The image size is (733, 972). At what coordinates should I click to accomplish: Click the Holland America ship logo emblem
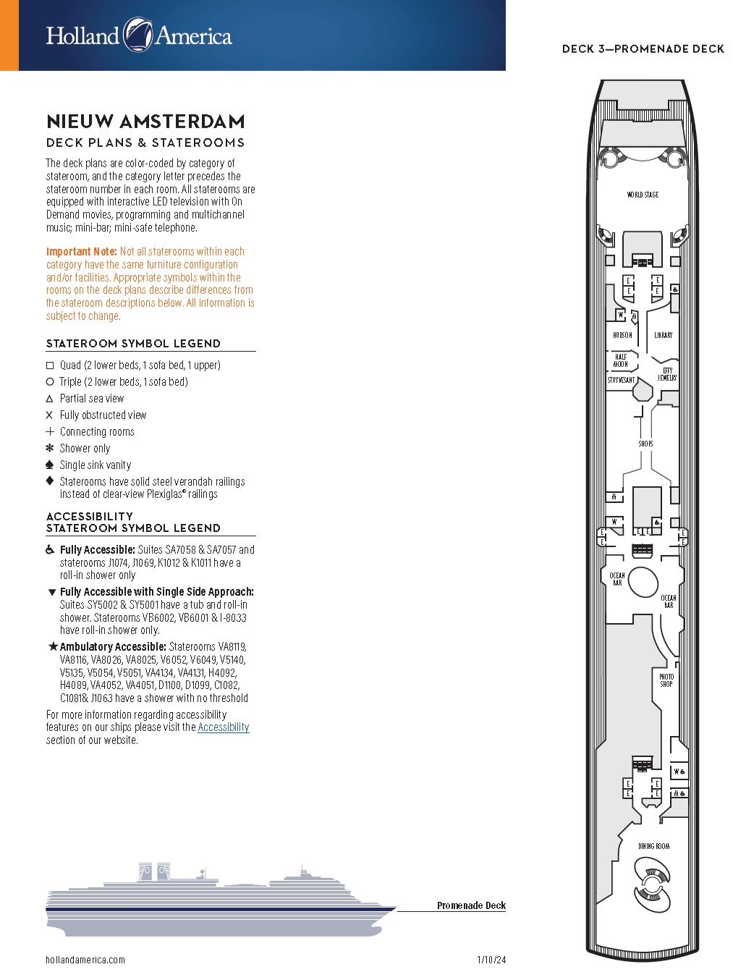pos(137,35)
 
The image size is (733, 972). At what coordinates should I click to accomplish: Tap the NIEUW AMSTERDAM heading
pos(145,121)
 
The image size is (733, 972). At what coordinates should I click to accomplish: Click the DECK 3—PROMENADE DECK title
pos(643,48)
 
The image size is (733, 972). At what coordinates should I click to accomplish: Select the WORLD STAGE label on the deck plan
pos(643,195)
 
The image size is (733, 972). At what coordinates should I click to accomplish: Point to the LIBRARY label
pos(663,335)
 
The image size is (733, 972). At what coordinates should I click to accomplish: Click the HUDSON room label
pos(622,335)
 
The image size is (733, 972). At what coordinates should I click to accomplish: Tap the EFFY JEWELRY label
pos(667,374)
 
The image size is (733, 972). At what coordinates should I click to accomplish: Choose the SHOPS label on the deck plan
pos(645,444)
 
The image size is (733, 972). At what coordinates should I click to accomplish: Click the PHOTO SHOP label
pos(666,680)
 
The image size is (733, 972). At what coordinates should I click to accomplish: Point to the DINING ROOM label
pos(653,846)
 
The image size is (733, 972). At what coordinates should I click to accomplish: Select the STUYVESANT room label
pos(621,380)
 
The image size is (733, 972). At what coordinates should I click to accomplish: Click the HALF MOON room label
pos(621,360)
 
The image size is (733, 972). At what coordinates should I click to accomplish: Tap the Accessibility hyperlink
pos(223,727)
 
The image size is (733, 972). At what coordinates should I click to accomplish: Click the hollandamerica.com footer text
pos(85,960)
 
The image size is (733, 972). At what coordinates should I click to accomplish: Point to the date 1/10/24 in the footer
pos(491,960)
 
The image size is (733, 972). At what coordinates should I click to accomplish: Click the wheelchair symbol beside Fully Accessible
pos(50,550)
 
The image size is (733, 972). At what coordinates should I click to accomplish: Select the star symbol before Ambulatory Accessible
pos(53,646)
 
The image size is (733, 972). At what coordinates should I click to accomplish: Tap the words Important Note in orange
pos(81,252)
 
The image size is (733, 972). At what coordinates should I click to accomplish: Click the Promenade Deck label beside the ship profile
pos(471,905)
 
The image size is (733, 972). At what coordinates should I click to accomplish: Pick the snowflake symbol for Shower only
pos(50,448)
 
